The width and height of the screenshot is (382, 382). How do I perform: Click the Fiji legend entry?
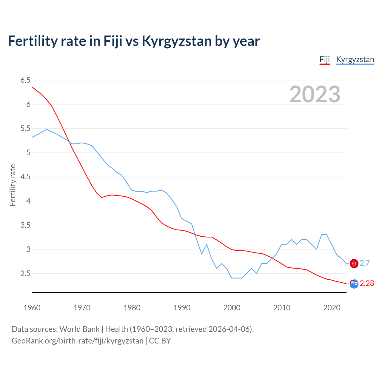coord(324,59)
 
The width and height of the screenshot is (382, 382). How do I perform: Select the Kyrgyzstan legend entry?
coord(355,59)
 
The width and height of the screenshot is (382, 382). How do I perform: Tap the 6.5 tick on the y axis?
coord(25,80)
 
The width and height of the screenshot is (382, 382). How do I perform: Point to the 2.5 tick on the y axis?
coord(25,273)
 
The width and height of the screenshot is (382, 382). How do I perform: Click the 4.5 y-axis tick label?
coord(25,177)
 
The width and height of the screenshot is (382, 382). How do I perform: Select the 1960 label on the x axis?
coord(32,308)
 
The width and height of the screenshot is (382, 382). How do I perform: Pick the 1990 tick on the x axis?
coord(182,308)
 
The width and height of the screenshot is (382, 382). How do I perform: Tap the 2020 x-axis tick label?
coord(332,308)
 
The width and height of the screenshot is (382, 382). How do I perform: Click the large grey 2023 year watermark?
coord(315,94)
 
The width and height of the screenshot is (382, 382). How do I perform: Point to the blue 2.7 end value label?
coord(365,263)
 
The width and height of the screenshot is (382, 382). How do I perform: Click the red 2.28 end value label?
coord(367,283)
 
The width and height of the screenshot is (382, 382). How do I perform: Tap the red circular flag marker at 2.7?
coord(354,264)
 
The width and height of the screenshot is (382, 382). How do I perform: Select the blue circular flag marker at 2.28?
coord(354,284)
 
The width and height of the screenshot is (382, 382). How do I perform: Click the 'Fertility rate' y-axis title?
coord(13,185)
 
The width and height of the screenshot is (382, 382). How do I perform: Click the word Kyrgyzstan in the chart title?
coord(177,41)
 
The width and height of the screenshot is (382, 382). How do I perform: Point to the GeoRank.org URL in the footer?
coord(78,341)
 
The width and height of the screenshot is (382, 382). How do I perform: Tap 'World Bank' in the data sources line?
coord(79,329)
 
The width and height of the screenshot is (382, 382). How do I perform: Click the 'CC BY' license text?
coord(160,341)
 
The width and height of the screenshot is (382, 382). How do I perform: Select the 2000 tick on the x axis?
coord(232,308)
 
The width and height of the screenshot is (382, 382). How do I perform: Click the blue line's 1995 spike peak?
coord(207,244)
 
